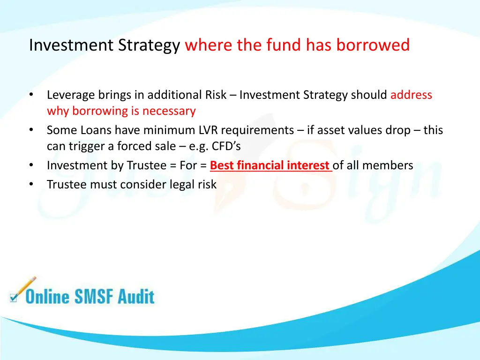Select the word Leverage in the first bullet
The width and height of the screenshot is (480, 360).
[x=71, y=95]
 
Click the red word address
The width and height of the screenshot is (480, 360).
[x=411, y=95]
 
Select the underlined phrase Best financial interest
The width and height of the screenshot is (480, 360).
[x=270, y=165]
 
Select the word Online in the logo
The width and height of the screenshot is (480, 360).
[x=47, y=297]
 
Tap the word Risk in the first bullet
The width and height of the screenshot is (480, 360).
[x=216, y=95]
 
